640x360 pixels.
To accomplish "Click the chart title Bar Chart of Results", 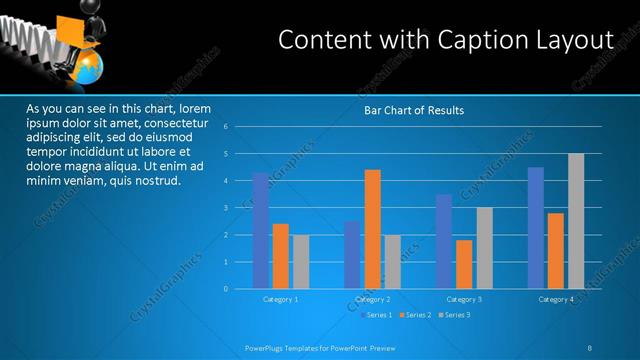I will pyautogui.click(x=413, y=110).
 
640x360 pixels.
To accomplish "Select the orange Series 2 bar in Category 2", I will pyautogui.click(x=372, y=229).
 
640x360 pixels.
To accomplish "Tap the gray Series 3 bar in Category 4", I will pyautogui.click(x=576, y=221).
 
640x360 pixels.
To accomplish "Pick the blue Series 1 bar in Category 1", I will pyautogui.click(x=261, y=230).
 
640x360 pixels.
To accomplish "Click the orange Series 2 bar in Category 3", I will pyautogui.click(x=464, y=264).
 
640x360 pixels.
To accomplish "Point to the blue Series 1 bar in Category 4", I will pyautogui.click(x=536, y=227).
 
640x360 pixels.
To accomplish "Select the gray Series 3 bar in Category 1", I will pyautogui.click(x=301, y=261).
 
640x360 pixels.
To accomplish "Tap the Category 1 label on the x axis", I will pyautogui.click(x=281, y=300).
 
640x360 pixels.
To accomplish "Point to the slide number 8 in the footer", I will pyautogui.click(x=590, y=347).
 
